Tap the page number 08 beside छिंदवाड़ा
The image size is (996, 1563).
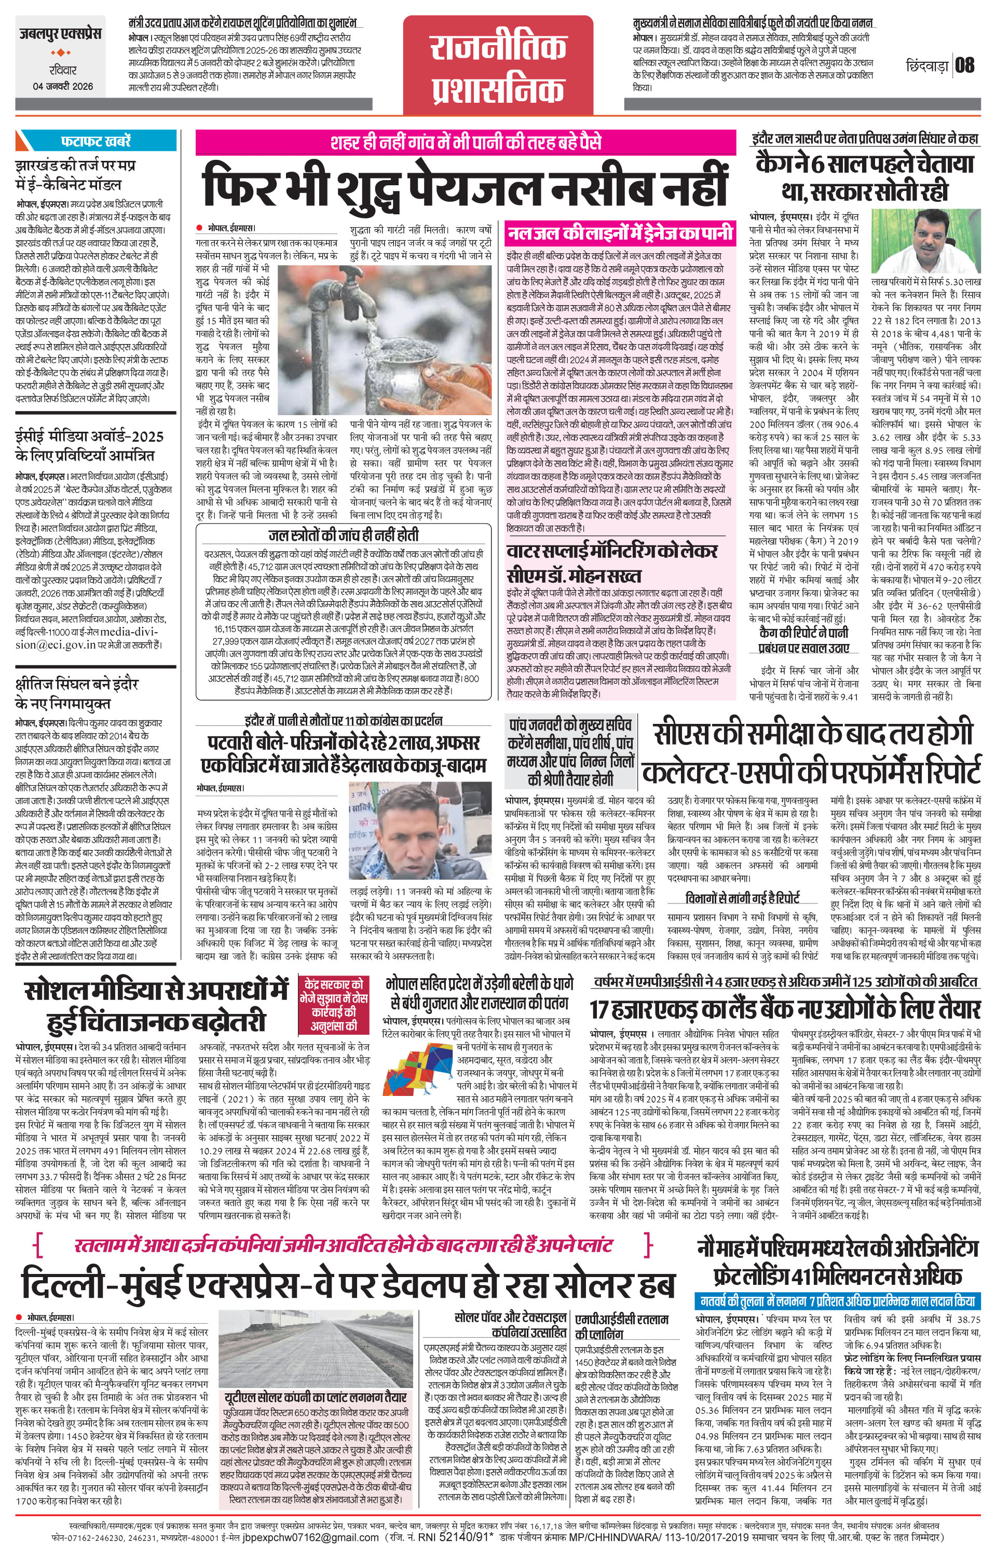pos(965,65)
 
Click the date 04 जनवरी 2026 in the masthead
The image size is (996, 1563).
pos(63,86)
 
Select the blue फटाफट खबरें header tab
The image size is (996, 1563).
pos(95,140)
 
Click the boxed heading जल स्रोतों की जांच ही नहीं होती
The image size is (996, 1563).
pos(344,535)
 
